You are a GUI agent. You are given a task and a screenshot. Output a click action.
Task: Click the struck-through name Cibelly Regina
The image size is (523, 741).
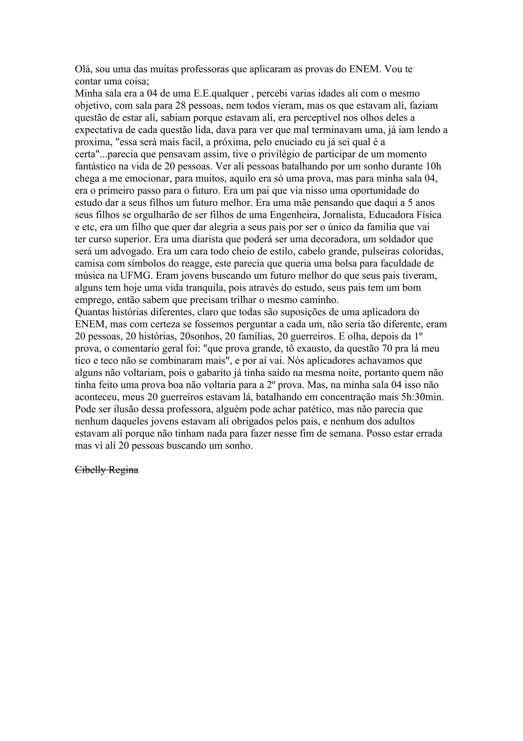pos(107,470)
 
